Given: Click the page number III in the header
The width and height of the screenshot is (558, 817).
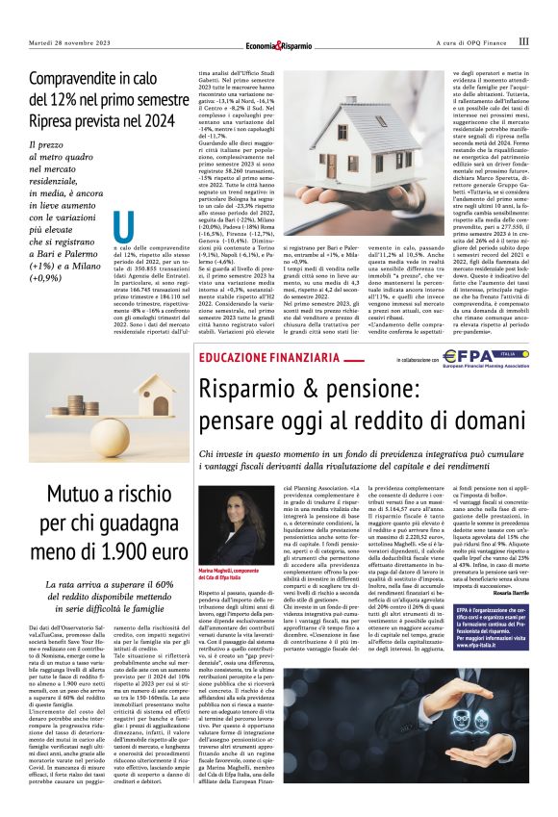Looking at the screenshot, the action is tap(523, 41).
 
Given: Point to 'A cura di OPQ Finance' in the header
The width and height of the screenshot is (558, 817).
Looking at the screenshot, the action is tap(463, 42).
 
